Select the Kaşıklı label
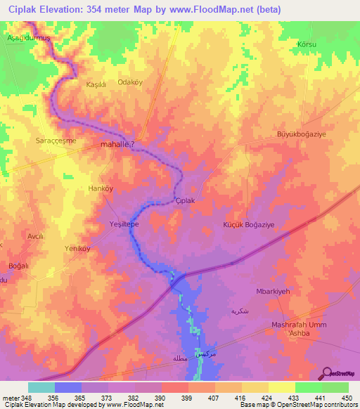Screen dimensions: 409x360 click(x=95, y=84)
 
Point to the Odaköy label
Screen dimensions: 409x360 click(x=130, y=82)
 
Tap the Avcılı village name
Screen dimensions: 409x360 click(x=35, y=237)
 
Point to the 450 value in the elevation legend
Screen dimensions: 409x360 click(x=346, y=398)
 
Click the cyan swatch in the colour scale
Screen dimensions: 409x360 click(x=41, y=387)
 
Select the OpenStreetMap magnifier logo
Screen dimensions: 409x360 click(x=327, y=373)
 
